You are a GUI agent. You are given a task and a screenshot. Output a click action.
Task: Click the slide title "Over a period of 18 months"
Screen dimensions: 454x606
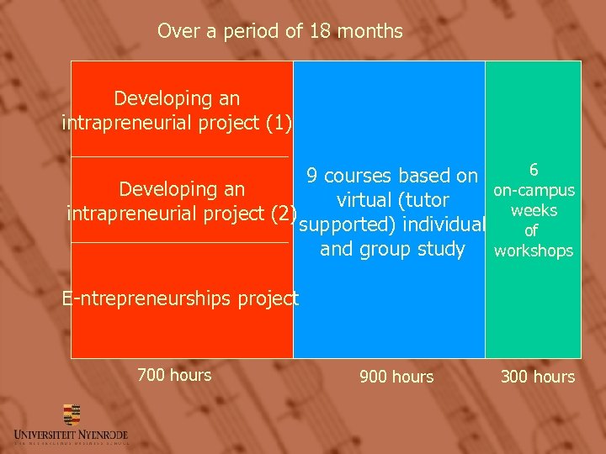[279, 32]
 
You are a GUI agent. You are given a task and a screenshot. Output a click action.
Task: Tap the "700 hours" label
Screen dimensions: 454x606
[174, 375]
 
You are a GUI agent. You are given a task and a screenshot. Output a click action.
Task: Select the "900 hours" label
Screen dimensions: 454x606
[396, 377]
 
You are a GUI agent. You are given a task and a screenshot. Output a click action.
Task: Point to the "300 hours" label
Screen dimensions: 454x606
[538, 377]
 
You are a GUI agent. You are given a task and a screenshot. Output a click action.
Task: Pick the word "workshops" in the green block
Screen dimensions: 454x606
[534, 251]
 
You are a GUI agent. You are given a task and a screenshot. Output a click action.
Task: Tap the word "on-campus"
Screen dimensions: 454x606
[534, 191]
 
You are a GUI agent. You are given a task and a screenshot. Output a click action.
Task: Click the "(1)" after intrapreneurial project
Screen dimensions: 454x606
[278, 123]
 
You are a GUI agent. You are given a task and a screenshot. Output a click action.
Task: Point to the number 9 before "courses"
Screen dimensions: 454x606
[312, 176]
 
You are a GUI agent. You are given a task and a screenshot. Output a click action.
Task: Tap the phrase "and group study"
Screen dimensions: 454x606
[392, 250]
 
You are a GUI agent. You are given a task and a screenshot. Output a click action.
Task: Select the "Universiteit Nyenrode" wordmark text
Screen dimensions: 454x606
[71, 434]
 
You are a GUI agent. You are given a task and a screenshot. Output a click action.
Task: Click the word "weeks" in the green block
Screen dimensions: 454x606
[534, 210]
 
